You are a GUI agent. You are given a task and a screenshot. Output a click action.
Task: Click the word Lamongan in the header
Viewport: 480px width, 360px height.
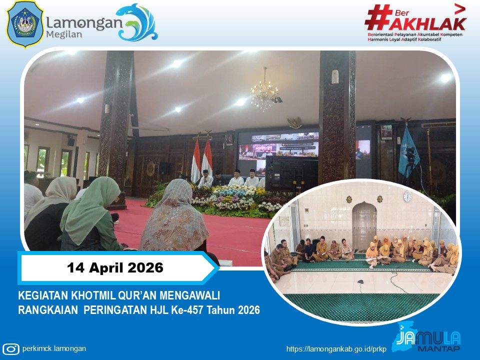84,22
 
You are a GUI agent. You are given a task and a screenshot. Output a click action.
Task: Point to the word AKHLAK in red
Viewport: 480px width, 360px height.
427,22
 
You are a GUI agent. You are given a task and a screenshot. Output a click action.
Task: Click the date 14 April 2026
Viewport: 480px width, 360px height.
115,268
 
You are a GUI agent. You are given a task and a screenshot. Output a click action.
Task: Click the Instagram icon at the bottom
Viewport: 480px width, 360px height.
10,349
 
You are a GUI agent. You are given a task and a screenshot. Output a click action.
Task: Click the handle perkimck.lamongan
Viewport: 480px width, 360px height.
54,349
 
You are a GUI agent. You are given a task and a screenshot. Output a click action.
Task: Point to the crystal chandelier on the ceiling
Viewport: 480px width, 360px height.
264,93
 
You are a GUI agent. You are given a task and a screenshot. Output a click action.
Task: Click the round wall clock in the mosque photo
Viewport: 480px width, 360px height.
407,195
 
